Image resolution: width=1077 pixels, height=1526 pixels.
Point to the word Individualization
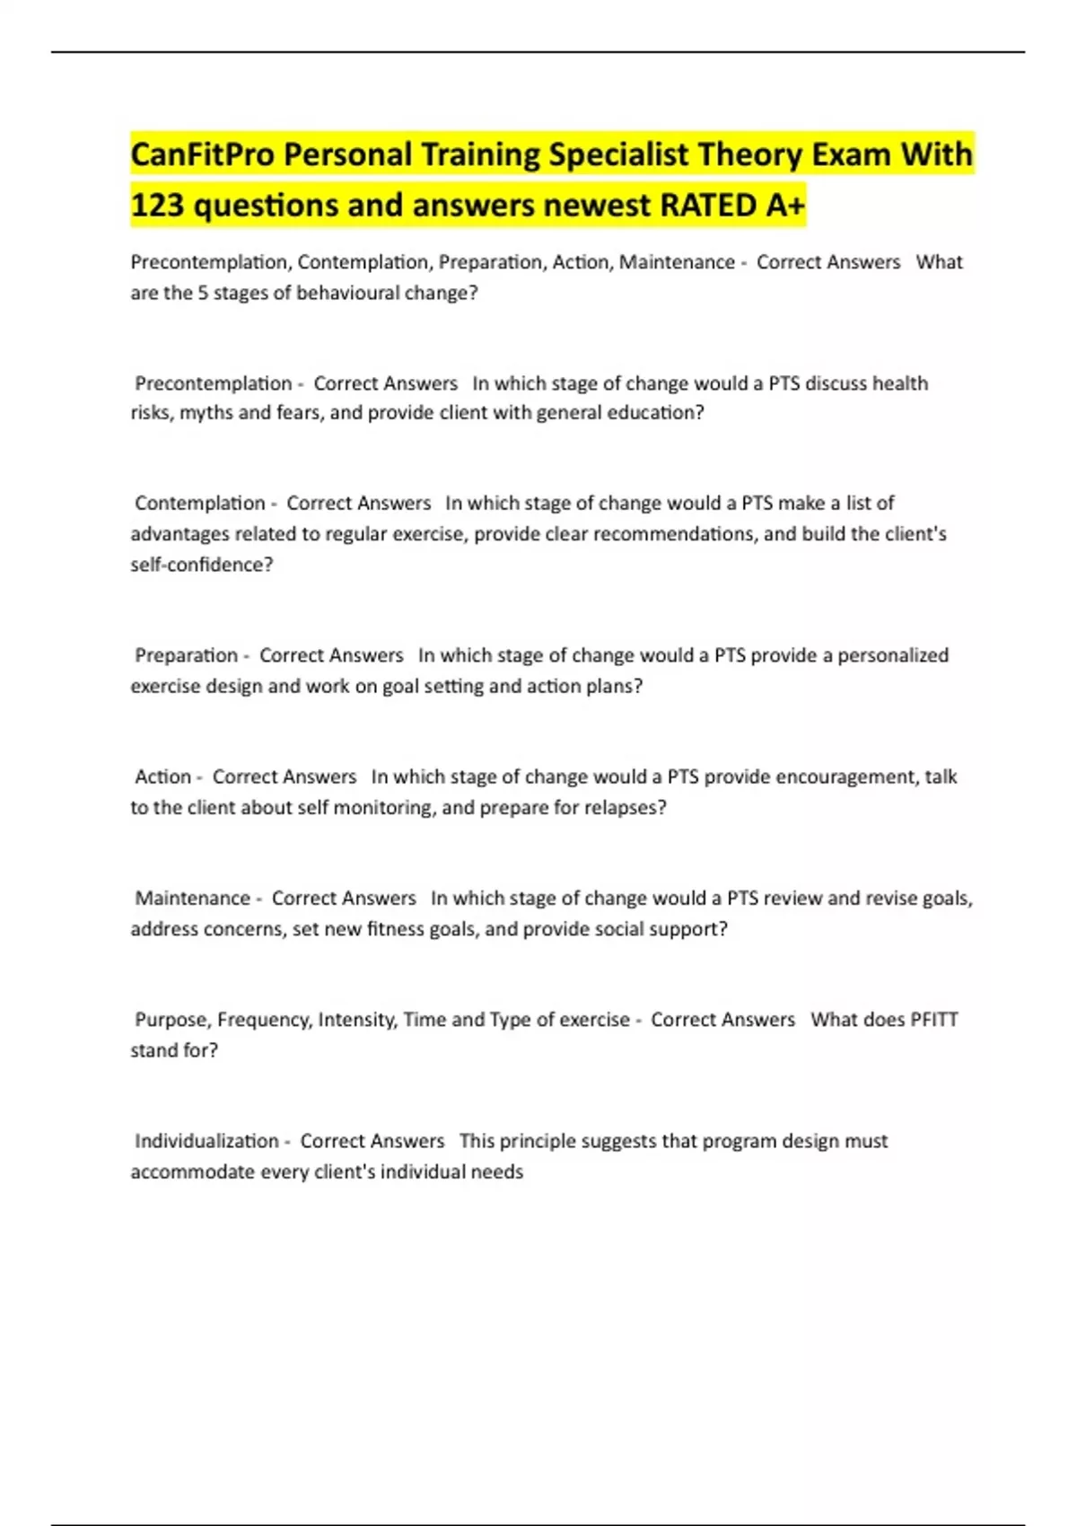pyautogui.click(x=206, y=1141)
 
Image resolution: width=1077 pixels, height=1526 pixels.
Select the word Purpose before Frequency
pyautogui.click(x=174, y=1020)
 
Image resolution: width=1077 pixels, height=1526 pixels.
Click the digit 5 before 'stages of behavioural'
pyautogui.click(x=204, y=293)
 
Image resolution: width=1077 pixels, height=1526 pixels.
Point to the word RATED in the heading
pyautogui.click(x=709, y=206)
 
